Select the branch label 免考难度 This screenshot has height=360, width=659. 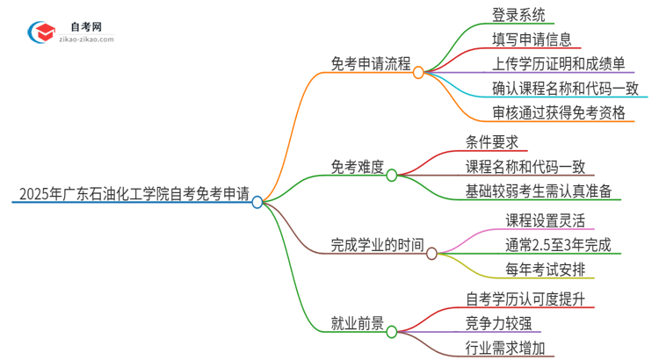point(358,166)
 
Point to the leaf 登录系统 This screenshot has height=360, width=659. point(518,15)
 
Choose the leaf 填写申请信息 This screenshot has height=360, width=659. point(532,40)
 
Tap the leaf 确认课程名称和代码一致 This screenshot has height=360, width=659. point(565,88)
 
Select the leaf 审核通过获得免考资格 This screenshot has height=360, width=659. point(559,112)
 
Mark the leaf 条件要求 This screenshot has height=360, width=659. point(496,141)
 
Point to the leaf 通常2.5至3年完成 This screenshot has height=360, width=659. point(557,244)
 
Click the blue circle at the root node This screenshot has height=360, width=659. point(257,202)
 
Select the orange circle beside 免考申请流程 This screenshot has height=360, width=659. point(418,73)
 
